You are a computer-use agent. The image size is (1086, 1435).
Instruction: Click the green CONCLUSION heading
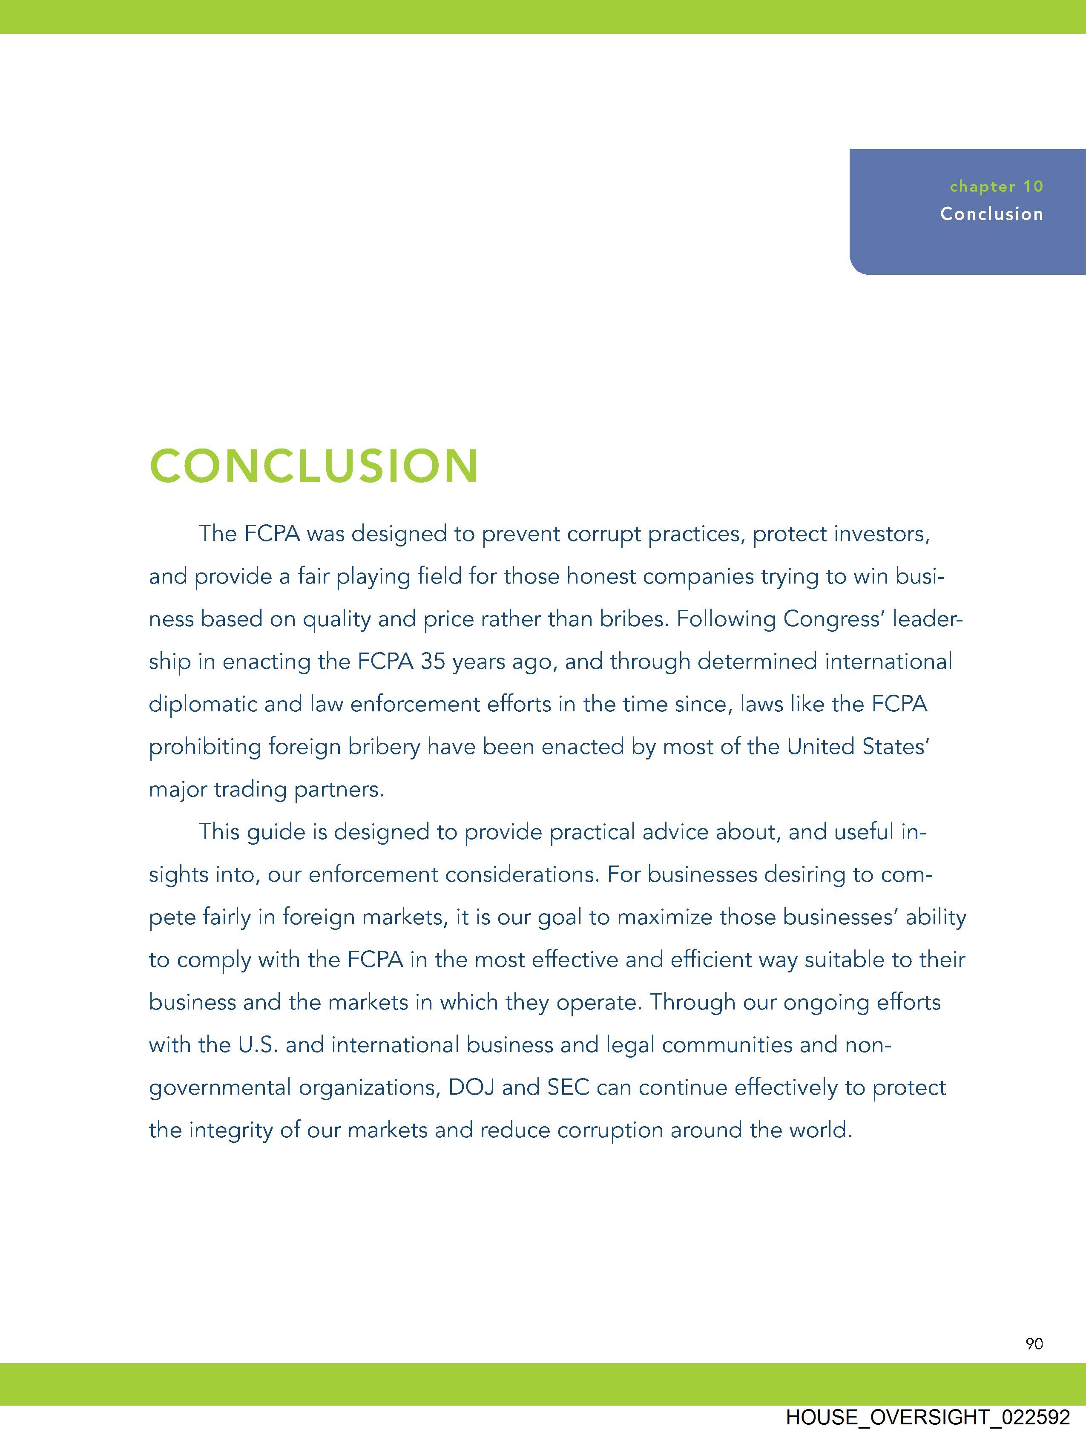pos(314,466)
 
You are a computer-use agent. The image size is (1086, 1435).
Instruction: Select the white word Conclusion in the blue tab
pos(992,214)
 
